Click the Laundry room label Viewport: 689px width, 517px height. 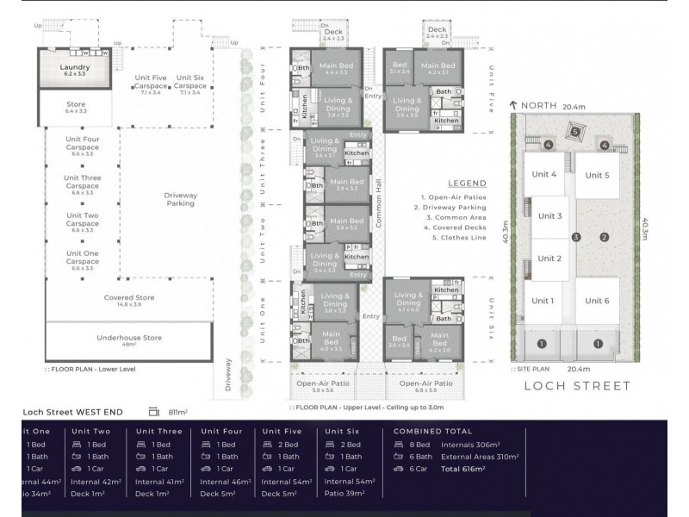point(75,70)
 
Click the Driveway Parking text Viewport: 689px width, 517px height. point(180,199)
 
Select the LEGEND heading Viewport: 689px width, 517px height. point(467,183)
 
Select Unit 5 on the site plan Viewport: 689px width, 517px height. point(600,176)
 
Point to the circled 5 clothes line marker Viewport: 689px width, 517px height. point(575,133)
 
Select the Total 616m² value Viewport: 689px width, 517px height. point(462,470)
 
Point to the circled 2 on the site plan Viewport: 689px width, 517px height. point(605,237)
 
